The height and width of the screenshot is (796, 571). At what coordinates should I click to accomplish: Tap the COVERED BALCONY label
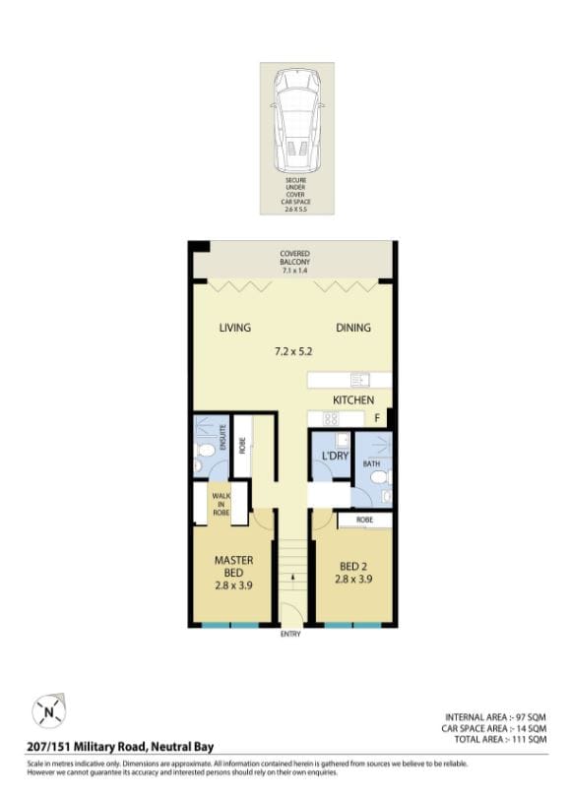click(x=294, y=259)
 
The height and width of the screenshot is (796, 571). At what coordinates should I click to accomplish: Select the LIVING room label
click(x=234, y=329)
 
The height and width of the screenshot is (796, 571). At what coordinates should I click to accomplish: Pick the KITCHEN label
click(x=352, y=400)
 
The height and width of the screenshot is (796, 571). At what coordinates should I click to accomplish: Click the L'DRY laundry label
click(x=333, y=456)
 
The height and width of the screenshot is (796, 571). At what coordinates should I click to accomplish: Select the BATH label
click(x=370, y=462)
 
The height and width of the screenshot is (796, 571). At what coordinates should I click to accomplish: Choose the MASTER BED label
click(x=233, y=566)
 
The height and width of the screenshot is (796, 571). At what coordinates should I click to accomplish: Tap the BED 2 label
click(x=352, y=567)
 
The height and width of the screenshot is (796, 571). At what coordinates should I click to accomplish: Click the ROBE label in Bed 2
click(x=363, y=519)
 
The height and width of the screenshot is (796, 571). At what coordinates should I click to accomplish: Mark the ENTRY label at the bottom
click(x=290, y=635)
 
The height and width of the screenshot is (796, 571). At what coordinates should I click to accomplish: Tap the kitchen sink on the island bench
click(x=358, y=379)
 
